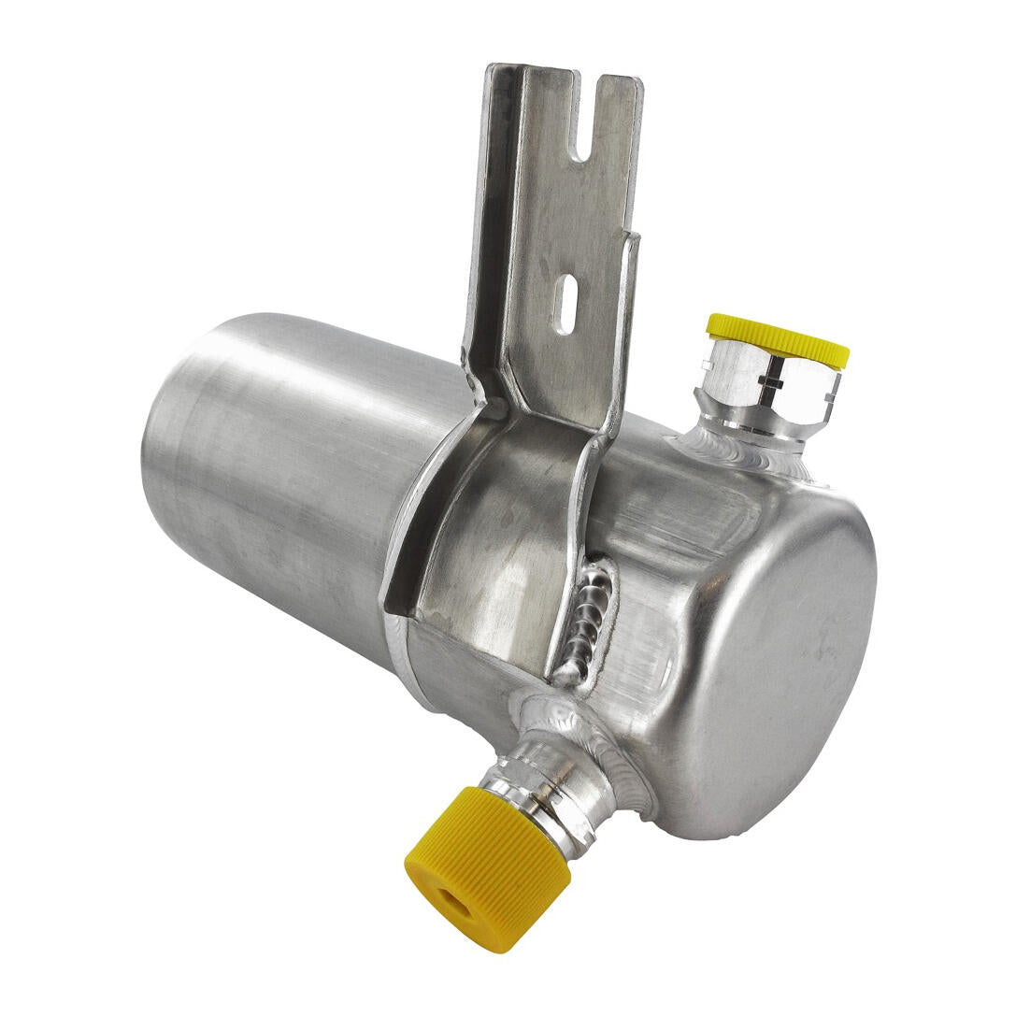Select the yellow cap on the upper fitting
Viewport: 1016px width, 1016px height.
778,338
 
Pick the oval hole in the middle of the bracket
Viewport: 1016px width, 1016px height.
564,302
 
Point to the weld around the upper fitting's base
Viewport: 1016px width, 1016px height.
748,453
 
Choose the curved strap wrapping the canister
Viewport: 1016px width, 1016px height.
495,542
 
